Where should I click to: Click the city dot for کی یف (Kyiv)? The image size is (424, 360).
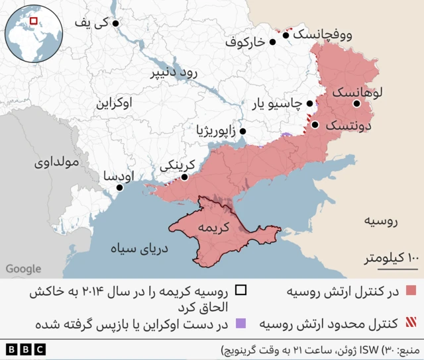pyautogui.click(x=116, y=23)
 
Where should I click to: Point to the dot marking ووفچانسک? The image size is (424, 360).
pyautogui.click(x=286, y=34)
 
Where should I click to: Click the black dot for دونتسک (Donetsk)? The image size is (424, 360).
pyautogui.click(x=315, y=124)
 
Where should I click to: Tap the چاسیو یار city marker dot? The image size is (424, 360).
pyautogui.click(x=310, y=103)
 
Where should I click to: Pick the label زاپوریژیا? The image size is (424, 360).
pyautogui.click(x=216, y=131)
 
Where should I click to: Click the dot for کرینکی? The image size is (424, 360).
pyautogui.click(x=184, y=177)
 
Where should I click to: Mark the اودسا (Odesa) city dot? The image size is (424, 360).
pyautogui.click(x=120, y=187)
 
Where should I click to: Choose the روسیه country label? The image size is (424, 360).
pyautogui.click(x=383, y=220)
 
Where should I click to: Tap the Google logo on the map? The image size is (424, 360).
pyautogui.click(x=23, y=269)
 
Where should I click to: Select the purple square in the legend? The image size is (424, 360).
pyautogui.click(x=240, y=324)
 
